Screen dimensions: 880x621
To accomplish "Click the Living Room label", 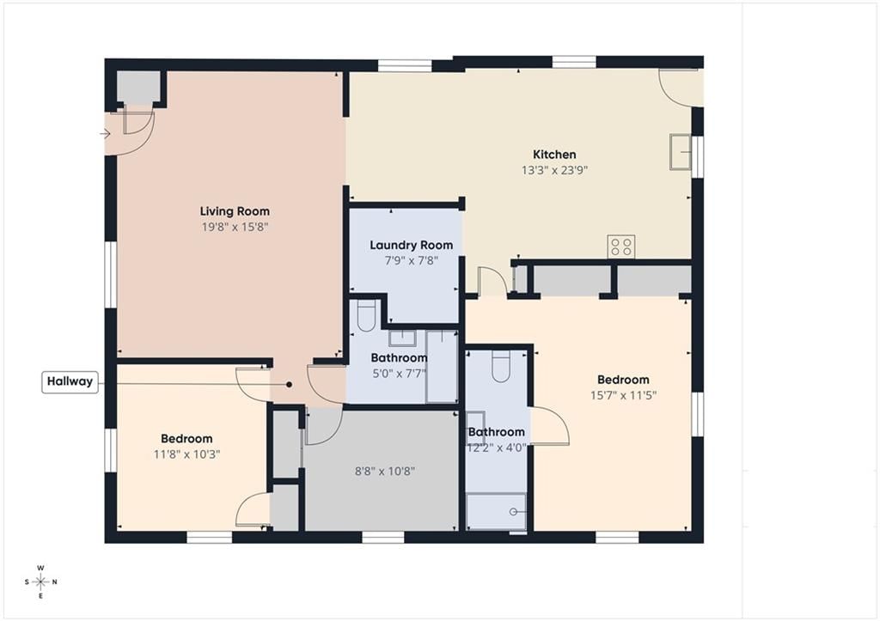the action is [235, 211].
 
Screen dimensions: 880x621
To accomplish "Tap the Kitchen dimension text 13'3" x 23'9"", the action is [554, 170].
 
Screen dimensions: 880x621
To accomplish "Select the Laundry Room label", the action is [412, 245].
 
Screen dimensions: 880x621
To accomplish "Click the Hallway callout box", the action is [70, 381].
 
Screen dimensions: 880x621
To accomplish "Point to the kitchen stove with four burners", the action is [621, 247].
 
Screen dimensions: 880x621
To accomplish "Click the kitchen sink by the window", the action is [680, 151].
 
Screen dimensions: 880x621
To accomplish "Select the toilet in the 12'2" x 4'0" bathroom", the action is [501, 366].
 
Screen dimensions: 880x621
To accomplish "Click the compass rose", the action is [41, 581].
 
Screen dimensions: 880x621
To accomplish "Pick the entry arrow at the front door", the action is [105, 133].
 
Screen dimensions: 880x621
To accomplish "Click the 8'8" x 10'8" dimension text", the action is [385, 472].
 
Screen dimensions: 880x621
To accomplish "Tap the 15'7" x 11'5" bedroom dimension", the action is [623, 395].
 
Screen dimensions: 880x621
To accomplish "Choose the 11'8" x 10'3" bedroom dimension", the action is [186, 454].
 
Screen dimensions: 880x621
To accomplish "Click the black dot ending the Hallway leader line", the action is [289, 385].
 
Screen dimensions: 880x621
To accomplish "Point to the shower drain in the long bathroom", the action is [513, 512].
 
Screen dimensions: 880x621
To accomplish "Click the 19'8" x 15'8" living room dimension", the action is [235, 228].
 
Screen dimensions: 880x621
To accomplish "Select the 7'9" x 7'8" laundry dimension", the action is [412, 260].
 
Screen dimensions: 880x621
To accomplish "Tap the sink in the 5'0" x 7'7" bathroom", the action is [402, 338].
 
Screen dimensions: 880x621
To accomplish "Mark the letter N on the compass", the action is [54, 581].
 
